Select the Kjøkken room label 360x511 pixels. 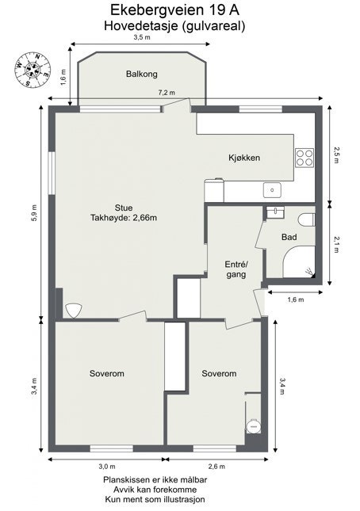[x=244, y=158]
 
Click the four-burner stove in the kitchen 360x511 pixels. [x=305, y=158]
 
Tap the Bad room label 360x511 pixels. [x=290, y=237]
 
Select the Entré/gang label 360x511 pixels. [x=236, y=269]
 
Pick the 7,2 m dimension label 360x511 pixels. [x=167, y=93]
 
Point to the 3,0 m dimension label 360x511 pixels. [x=106, y=467]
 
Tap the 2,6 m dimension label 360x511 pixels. [x=216, y=467]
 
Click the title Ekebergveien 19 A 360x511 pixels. [x=174, y=10]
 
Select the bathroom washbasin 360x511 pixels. [x=276, y=212]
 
